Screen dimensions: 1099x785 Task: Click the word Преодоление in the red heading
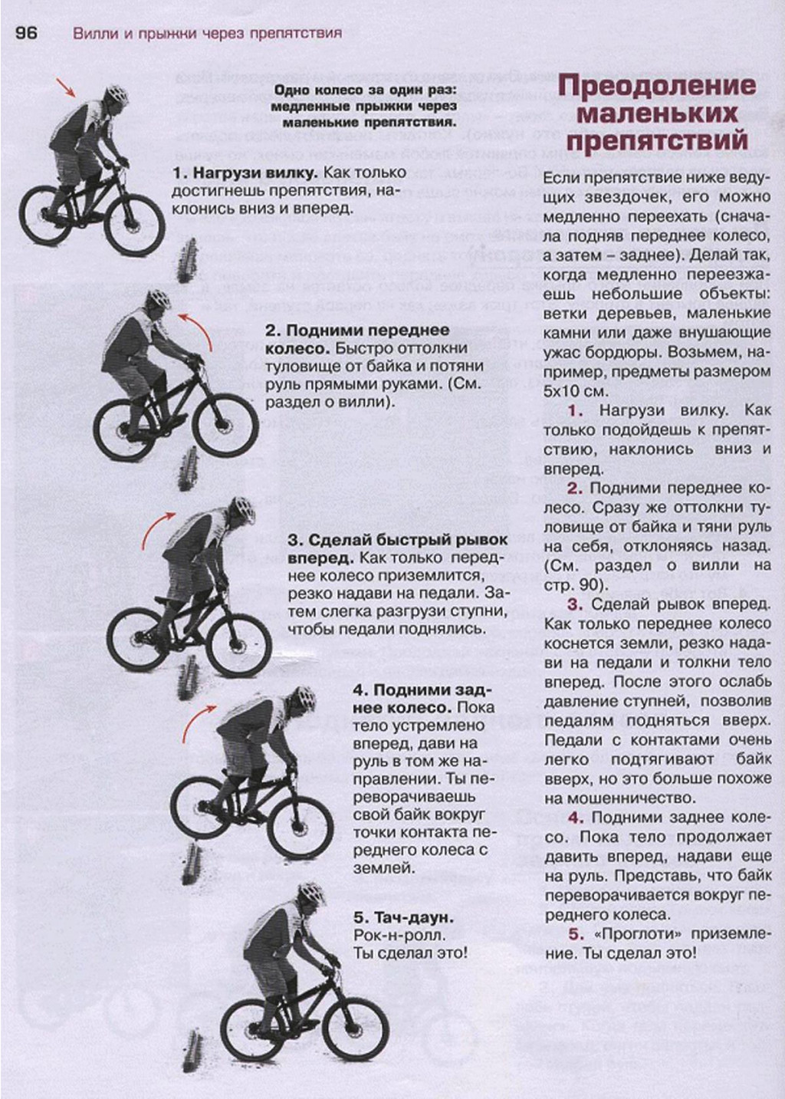point(657,87)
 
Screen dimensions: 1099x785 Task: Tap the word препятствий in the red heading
point(657,141)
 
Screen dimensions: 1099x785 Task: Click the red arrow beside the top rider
point(65,87)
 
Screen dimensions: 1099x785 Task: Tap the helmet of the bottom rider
point(310,892)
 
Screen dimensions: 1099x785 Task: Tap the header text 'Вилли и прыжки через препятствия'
point(207,34)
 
